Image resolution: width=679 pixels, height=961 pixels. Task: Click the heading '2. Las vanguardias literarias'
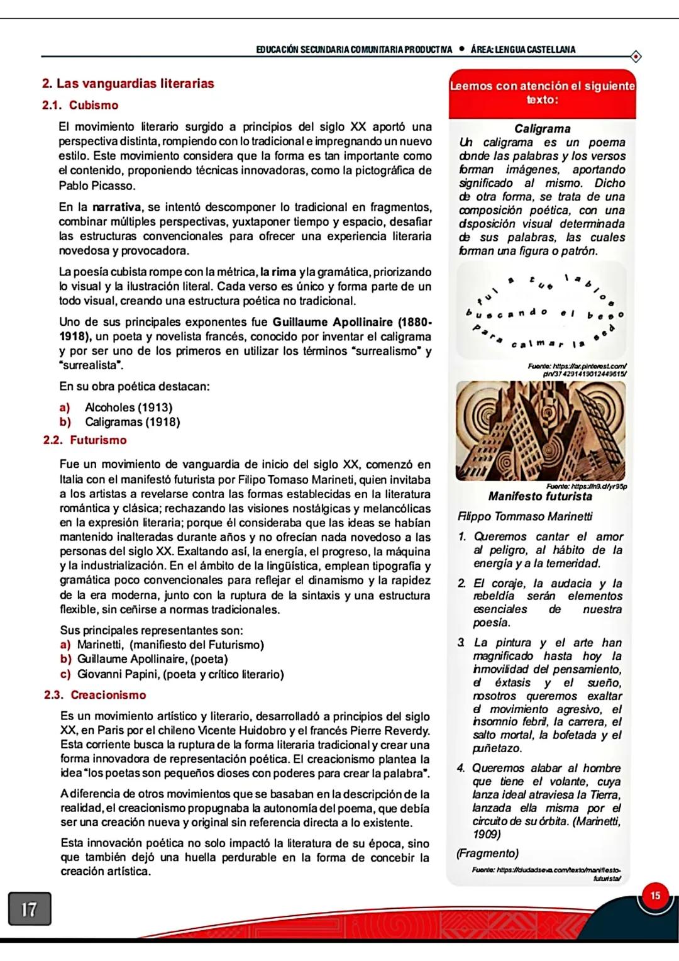128,84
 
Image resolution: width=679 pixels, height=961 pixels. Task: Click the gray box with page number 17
30,909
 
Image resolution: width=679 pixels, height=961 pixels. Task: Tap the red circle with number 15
655,896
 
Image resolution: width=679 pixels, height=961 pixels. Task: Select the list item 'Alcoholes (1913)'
128,408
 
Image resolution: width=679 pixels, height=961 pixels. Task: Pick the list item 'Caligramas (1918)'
132,422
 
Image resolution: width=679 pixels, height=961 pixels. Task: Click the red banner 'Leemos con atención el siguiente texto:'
542,93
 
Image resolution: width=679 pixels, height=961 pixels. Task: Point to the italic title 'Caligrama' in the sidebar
542,129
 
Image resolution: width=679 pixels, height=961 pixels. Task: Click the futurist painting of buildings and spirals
542,433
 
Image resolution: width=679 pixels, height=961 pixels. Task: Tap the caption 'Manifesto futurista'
540,496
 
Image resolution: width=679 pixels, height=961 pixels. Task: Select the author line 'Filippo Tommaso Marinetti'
525,516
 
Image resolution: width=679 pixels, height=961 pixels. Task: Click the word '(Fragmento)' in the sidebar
488,853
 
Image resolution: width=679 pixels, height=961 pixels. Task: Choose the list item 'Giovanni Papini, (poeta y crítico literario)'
180,674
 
